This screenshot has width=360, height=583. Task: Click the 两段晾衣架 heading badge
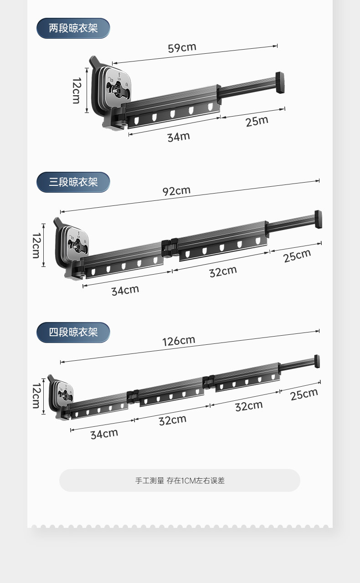[73, 28]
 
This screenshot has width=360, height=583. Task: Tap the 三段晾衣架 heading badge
[73, 182]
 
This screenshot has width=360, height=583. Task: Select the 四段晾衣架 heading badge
[73, 332]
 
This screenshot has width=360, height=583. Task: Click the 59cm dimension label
[182, 47]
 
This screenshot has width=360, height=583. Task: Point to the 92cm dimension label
[176, 191]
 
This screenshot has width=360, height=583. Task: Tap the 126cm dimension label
[179, 341]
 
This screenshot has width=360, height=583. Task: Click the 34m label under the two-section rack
[178, 136]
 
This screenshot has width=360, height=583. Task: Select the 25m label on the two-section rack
[257, 121]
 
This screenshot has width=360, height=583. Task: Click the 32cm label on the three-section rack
[223, 271]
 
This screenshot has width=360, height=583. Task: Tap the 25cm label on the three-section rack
[297, 256]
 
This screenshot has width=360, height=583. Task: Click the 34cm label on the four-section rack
[104, 434]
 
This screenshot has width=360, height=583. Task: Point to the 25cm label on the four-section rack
[304, 394]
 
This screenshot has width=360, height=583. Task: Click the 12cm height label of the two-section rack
[76, 90]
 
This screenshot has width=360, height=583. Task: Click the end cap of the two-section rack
[280, 83]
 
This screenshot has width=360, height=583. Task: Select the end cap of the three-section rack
[318, 219]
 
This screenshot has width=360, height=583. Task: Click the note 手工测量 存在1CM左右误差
[180, 481]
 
